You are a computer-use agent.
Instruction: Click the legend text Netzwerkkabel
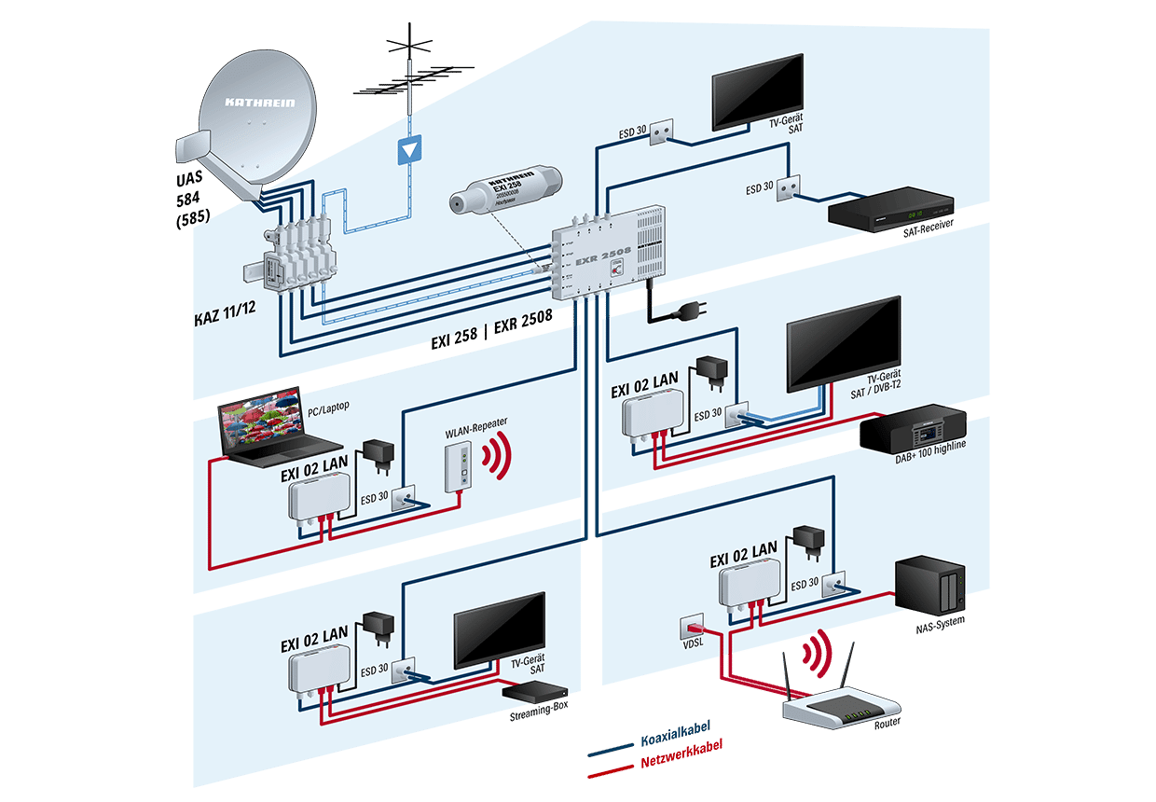[681, 759]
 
